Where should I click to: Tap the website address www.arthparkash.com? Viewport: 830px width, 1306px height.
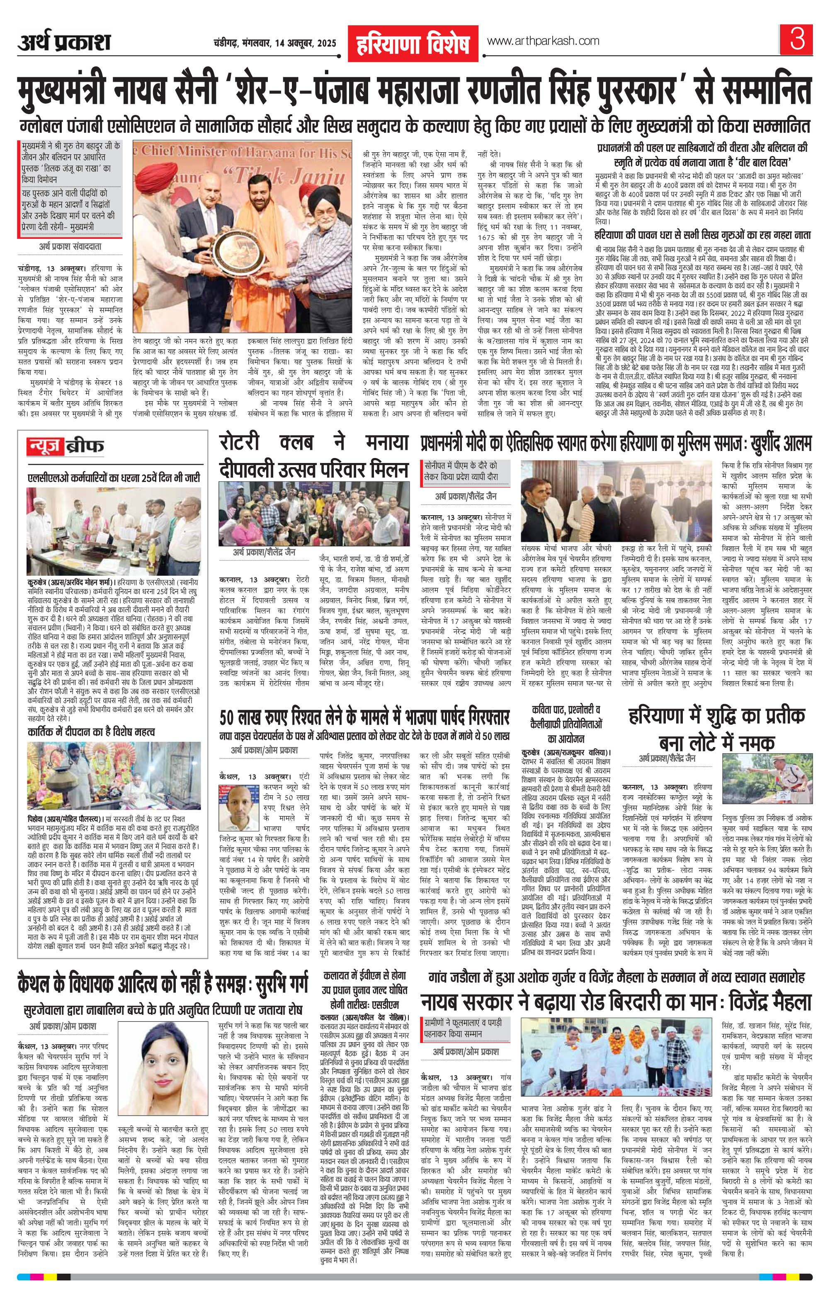543,41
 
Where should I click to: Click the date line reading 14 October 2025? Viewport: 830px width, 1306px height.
275,43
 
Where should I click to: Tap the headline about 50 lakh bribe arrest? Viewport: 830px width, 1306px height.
364,719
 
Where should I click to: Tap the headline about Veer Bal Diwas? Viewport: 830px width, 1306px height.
701,155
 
